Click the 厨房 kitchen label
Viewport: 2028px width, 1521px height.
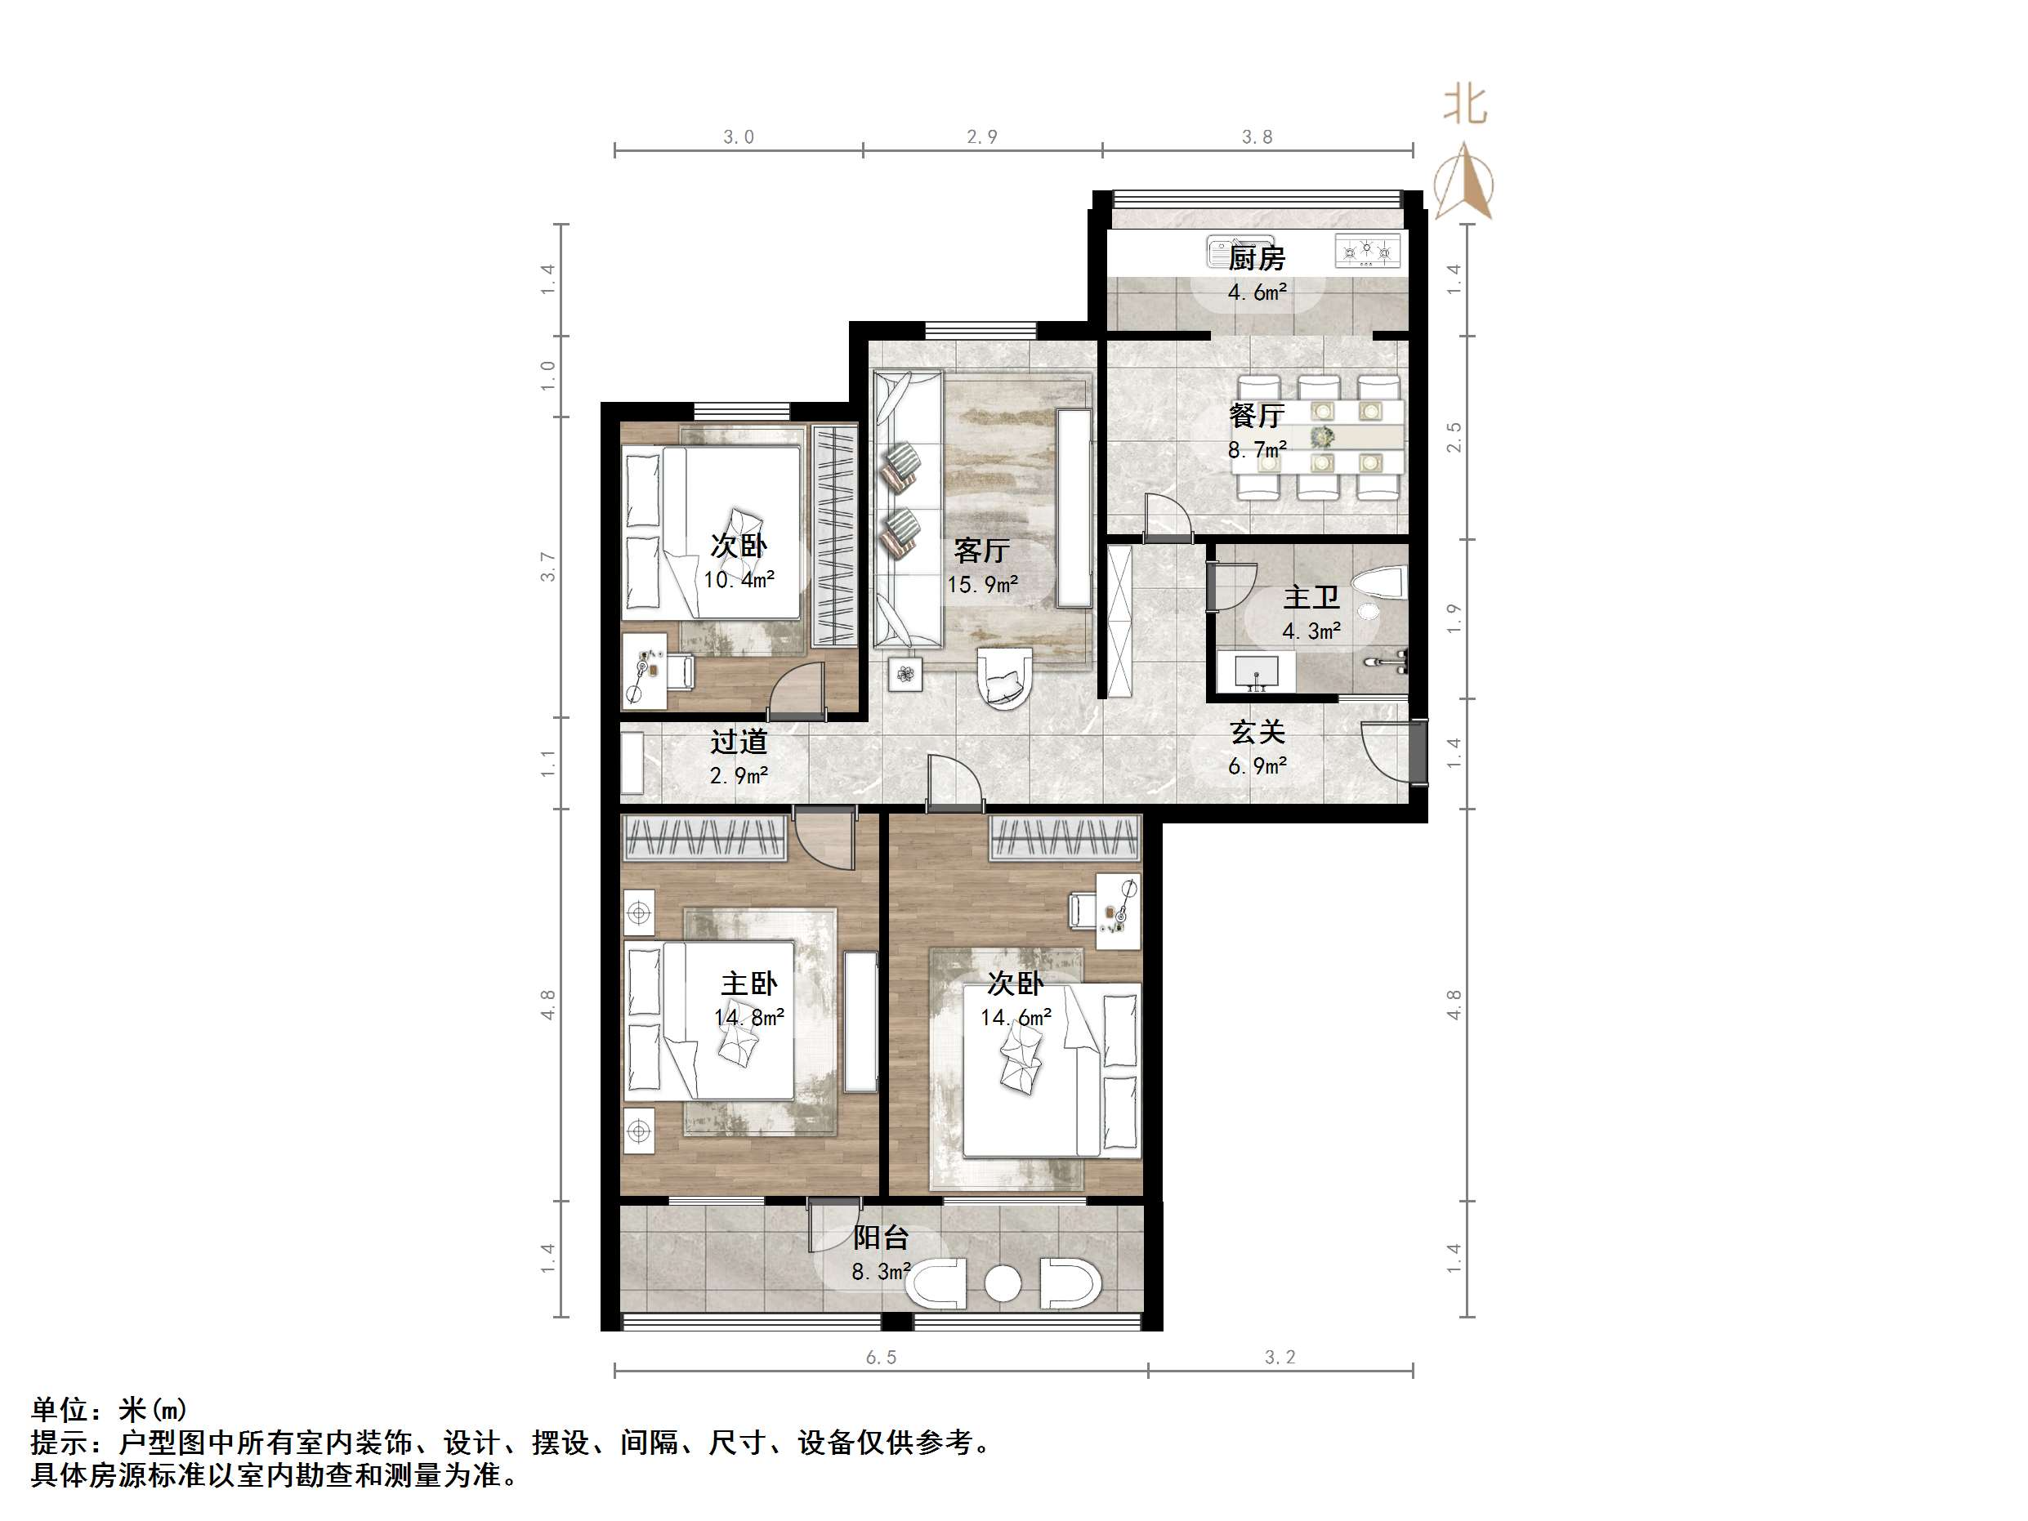pyautogui.click(x=1256, y=259)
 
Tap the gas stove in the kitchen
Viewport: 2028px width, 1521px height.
pyautogui.click(x=1368, y=252)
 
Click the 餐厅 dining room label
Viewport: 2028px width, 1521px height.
pyautogui.click(x=1256, y=417)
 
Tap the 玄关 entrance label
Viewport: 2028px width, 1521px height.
pyautogui.click(x=1257, y=733)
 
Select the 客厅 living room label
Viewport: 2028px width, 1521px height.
pyautogui.click(x=981, y=550)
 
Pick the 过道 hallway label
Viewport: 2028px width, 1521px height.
pyautogui.click(x=739, y=742)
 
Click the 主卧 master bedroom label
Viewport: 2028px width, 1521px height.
pyautogui.click(x=748, y=984)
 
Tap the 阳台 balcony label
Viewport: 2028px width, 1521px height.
pyautogui.click(x=880, y=1238)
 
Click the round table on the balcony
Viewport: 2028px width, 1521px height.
pyautogui.click(x=1003, y=1282)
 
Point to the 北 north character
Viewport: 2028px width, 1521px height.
pyautogui.click(x=1464, y=105)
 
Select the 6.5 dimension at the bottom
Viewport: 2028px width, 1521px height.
pyautogui.click(x=881, y=1357)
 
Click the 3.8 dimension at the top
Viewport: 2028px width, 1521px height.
pyautogui.click(x=1257, y=137)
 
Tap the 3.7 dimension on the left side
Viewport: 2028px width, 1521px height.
pyautogui.click(x=548, y=567)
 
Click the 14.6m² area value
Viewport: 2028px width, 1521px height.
pyautogui.click(x=1016, y=1018)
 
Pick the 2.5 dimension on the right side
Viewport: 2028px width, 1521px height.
pyautogui.click(x=1454, y=437)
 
